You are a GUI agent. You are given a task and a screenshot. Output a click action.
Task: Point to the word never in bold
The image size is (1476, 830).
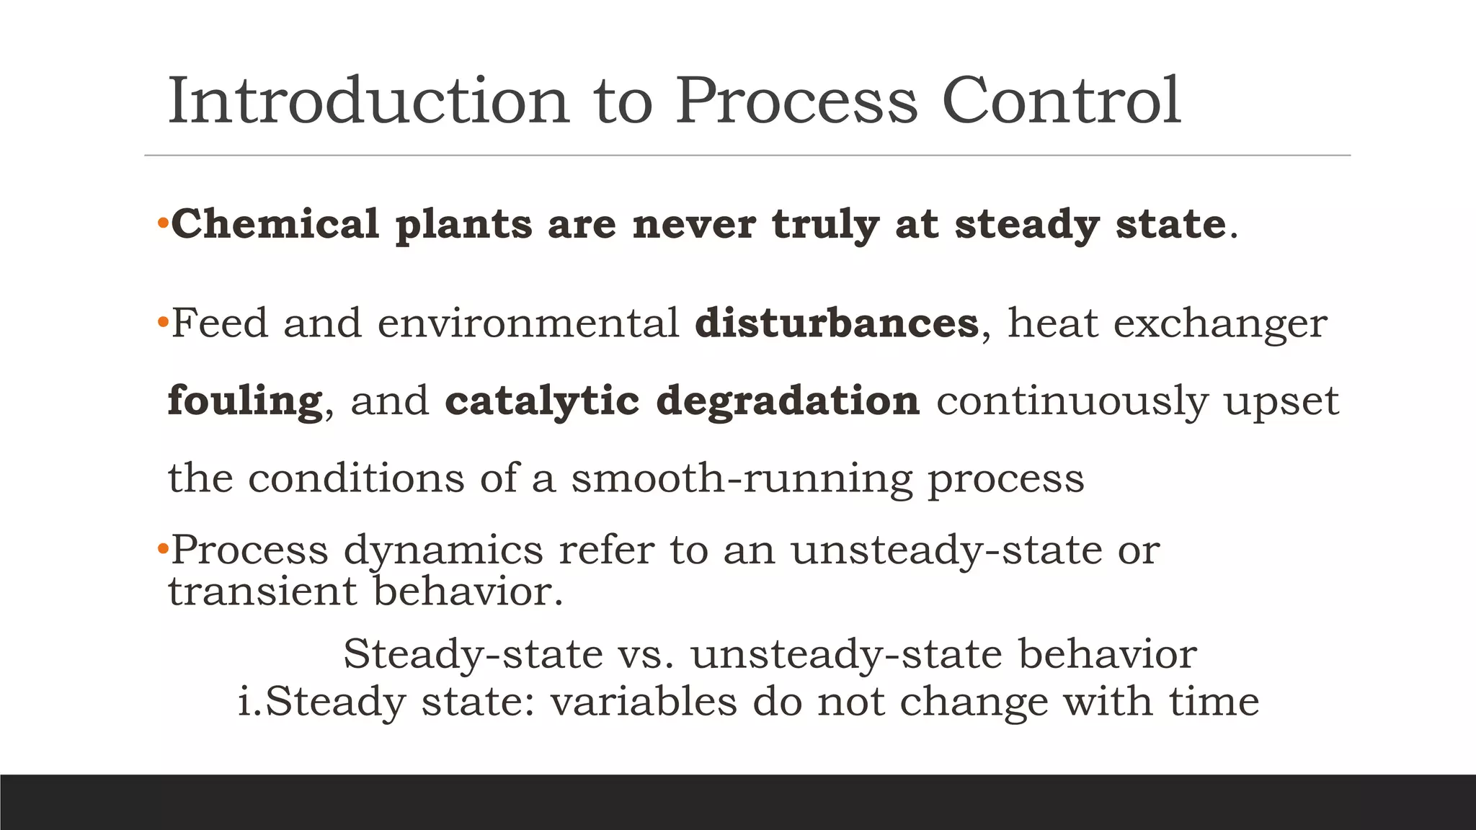694,224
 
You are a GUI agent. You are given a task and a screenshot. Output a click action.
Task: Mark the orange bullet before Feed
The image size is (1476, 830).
163,320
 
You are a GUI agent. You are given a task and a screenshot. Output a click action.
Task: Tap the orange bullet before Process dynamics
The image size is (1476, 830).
163,549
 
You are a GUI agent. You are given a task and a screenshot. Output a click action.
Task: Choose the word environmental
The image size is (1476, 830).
528,323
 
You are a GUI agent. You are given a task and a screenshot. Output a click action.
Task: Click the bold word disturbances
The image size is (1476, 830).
837,323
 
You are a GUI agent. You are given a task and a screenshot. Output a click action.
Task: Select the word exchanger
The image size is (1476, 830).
1220,324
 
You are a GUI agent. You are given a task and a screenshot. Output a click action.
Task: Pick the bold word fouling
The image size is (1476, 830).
245,401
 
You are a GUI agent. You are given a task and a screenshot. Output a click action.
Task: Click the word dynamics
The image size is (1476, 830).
443,551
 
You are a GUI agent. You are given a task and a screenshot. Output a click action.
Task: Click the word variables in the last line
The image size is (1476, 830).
644,701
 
